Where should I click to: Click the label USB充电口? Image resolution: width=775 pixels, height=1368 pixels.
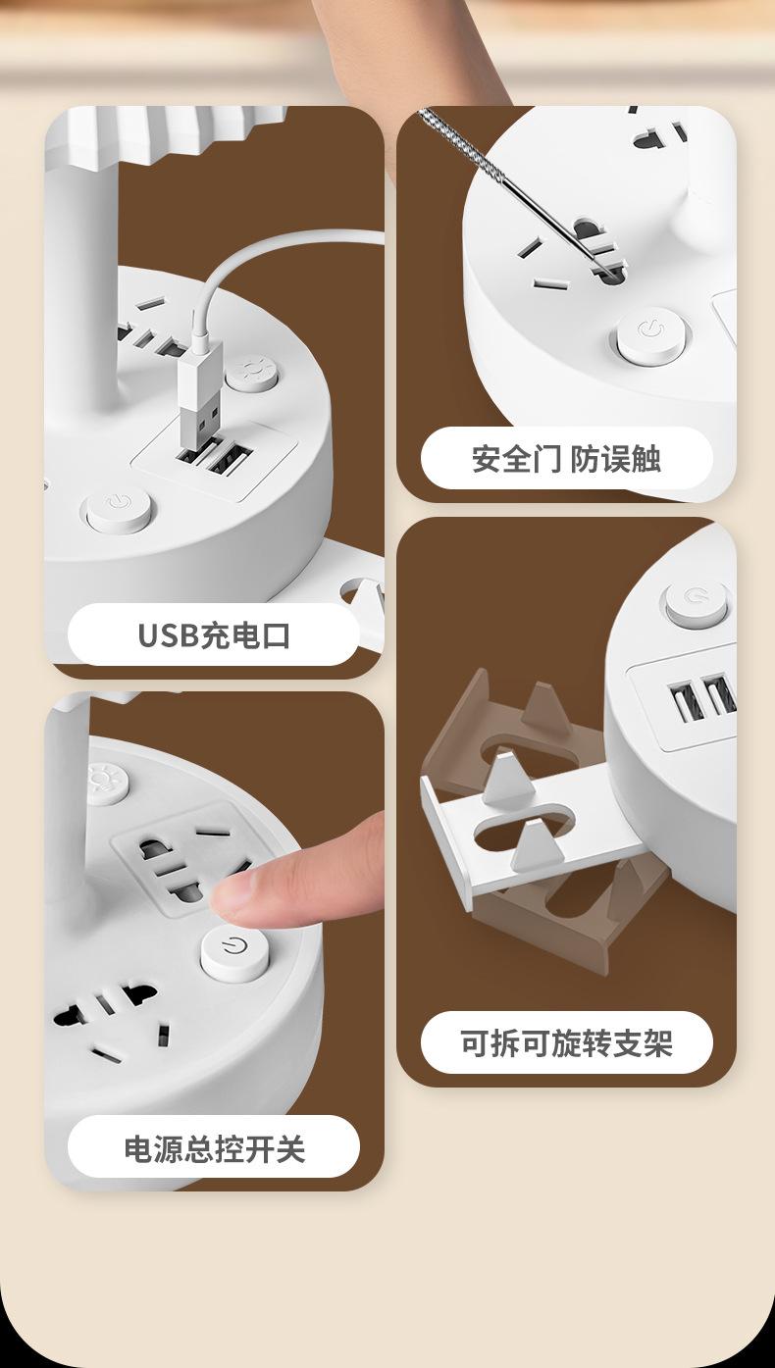tap(214, 635)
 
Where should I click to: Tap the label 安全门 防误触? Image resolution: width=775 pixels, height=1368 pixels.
tap(566, 459)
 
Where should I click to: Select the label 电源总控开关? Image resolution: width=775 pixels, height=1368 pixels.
tap(214, 1148)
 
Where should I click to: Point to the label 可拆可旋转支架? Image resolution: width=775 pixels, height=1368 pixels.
tap(566, 1042)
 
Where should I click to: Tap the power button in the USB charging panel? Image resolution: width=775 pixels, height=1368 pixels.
tap(119, 508)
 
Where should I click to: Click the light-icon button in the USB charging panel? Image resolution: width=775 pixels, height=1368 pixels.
tap(251, 374)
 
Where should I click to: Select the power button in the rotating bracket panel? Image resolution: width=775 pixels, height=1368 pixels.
tap(697, 601)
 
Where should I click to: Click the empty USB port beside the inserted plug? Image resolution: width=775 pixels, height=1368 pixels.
tap(231, 459)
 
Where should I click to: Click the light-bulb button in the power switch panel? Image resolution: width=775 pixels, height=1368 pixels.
tap(107, 783)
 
